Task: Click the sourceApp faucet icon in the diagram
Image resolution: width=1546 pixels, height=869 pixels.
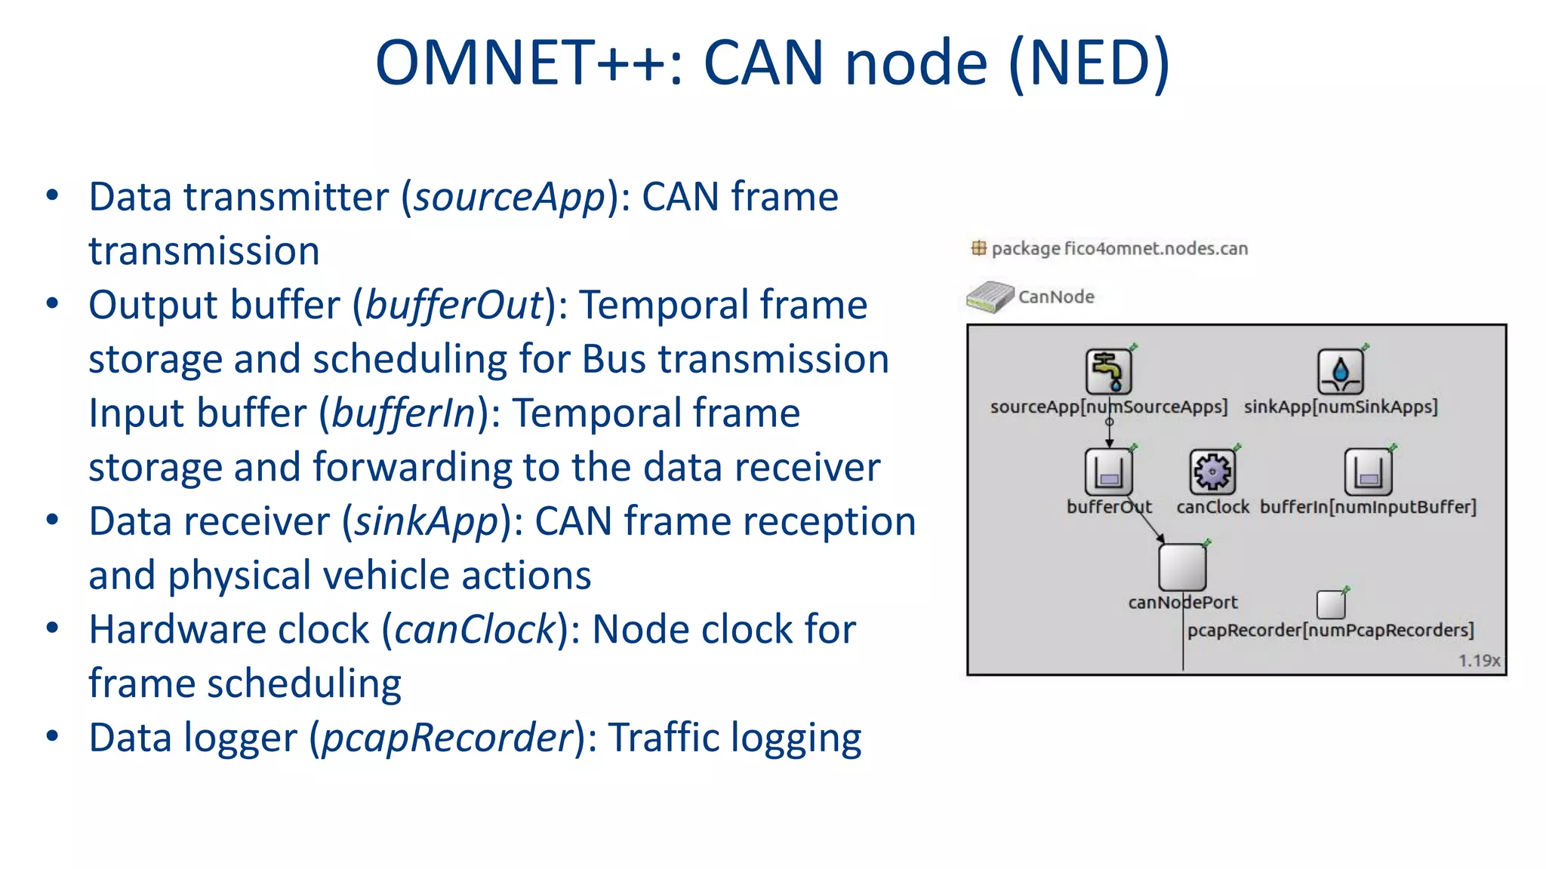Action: [x=1108, y=371]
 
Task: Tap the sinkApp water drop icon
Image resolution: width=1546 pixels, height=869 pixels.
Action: [x=1340, y=371]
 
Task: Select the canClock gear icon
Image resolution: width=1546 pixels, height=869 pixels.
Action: [x=1212, y=471]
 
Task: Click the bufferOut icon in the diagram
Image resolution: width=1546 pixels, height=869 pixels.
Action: [x=1108, y=471]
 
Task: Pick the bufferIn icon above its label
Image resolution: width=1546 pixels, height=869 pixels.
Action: [x=1367, y=471]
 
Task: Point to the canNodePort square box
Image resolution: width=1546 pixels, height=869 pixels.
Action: [x=1182, y=567]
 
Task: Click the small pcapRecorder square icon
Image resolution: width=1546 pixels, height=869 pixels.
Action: [x=1330, y=604]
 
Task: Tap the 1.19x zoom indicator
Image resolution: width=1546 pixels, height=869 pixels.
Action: [x=1479, y=661]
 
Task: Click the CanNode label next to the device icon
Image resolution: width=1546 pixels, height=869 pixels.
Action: [x=1055, y=296]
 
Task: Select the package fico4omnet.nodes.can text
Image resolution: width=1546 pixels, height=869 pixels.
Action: [x=1119, y=248]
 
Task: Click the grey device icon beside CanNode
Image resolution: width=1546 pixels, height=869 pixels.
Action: [x=990, y=297]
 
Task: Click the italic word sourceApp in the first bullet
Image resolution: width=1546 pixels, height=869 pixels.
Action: [x=510, y=198]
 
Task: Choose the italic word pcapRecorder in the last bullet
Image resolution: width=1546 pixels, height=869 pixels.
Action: [x=447, y=738]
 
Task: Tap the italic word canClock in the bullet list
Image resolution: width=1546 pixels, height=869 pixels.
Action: [x=475, y=630]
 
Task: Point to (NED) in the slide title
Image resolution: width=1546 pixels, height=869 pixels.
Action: [x=1089, y=63]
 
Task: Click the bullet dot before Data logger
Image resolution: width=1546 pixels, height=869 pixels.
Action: [x=52, y=735]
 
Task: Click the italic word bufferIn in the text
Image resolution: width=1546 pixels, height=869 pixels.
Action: [x=403, y=413]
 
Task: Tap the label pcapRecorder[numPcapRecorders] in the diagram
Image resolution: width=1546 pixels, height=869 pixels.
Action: [x=1330, y=630]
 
